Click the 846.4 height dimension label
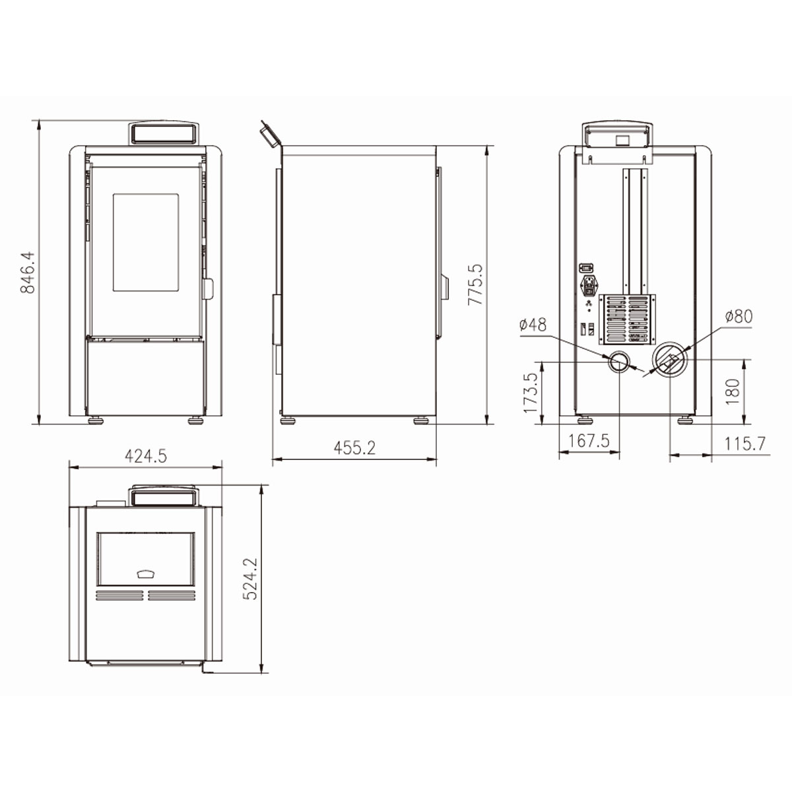[28, 272]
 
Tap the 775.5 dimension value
[475, 284]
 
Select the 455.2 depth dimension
[354, 447]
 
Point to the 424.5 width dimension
[146, 456]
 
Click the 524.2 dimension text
[249, 579]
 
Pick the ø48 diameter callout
[533, 325]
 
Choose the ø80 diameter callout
[739, 316]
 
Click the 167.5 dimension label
[589, 441]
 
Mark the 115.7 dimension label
[745, 444]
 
